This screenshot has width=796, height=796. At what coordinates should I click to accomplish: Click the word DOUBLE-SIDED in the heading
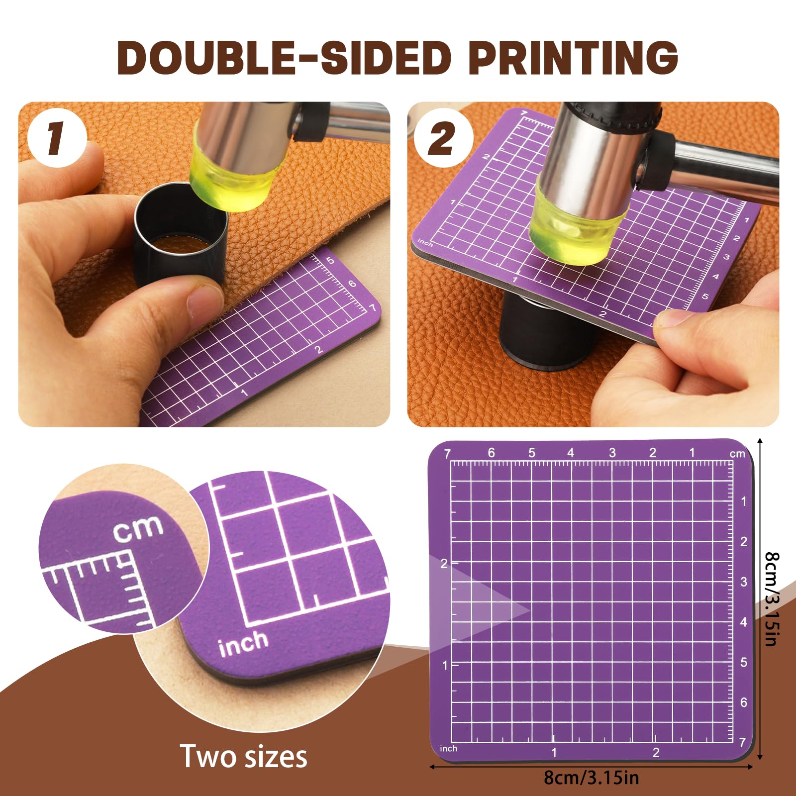[x=284, y=57]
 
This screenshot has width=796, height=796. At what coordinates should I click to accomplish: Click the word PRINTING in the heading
[x=573, y=57]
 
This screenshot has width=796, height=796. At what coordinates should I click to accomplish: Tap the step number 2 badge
[x=442, y=138]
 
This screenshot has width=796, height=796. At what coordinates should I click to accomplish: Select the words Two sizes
[x=243, y=757]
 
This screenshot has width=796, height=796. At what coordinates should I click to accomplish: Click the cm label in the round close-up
[x=138, y=528]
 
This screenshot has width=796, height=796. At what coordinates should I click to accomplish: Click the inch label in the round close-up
[x=243, y=643]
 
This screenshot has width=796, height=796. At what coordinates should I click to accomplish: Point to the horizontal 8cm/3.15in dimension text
[x=591, y=777]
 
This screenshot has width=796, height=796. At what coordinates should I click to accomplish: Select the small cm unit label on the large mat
[x=737, y=454]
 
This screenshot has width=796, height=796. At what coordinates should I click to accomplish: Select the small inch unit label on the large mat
[x=448, y=748]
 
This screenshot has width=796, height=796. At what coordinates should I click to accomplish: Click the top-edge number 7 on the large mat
[x=447, y=454]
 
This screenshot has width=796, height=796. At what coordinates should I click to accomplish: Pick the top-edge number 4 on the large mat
[x=571, y=453]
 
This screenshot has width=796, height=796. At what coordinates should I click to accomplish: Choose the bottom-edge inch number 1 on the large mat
[x=554, y=753]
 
